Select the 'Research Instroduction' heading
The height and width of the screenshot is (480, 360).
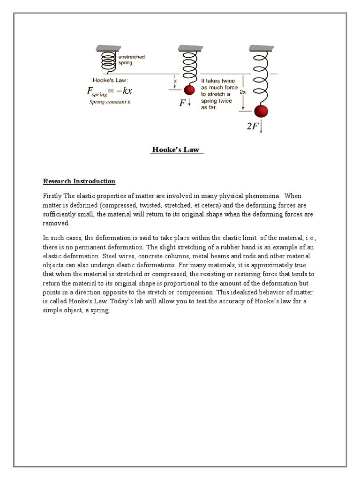(79, 181)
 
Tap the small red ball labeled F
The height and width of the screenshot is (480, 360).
(189, 90)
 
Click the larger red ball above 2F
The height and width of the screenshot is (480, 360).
(261, 112)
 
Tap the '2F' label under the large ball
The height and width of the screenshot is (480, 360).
(252, 127)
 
